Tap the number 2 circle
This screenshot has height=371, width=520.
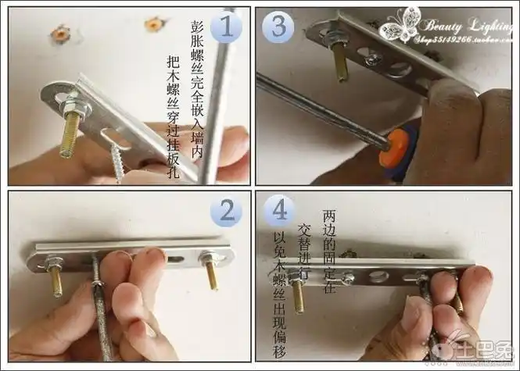226,211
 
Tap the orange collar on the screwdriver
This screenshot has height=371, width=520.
394,148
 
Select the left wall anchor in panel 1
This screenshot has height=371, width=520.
59,34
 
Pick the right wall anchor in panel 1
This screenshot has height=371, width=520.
153,25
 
